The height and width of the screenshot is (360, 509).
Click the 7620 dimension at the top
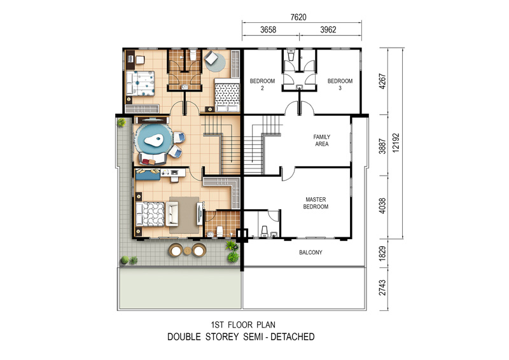[x=298, y=17]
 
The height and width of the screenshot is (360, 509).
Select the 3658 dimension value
[x=268, y=30]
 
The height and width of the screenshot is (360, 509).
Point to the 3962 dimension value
[x=328, y=30]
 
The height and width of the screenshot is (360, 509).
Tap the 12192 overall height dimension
[x=396, y=143]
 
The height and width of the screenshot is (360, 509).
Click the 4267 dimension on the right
[x=383, y=81]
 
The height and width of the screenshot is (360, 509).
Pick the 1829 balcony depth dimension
[x=383, y=253]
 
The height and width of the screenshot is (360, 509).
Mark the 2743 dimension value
[x=383, y=288]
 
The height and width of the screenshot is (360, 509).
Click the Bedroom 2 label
[x=262, y=85]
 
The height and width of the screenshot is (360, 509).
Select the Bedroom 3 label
[x=340, y=85]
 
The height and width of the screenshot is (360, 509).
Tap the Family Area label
[x=322, y=140]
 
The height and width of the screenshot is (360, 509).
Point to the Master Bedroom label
[x=316, y=203]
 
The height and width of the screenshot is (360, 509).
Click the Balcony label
[x=310, y=253]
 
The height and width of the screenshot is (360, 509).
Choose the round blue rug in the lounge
[x=153, y=140]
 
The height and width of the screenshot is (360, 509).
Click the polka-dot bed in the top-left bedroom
[x=140, y=83]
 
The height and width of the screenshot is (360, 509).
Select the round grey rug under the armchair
[x=215, y=62]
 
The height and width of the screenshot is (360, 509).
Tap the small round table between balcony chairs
[x=188, y=251]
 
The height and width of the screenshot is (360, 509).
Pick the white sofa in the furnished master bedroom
[x=172, y=214]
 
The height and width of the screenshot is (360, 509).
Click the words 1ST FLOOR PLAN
[x=243, y=324]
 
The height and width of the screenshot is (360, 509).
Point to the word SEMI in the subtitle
[x=254, y=337]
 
